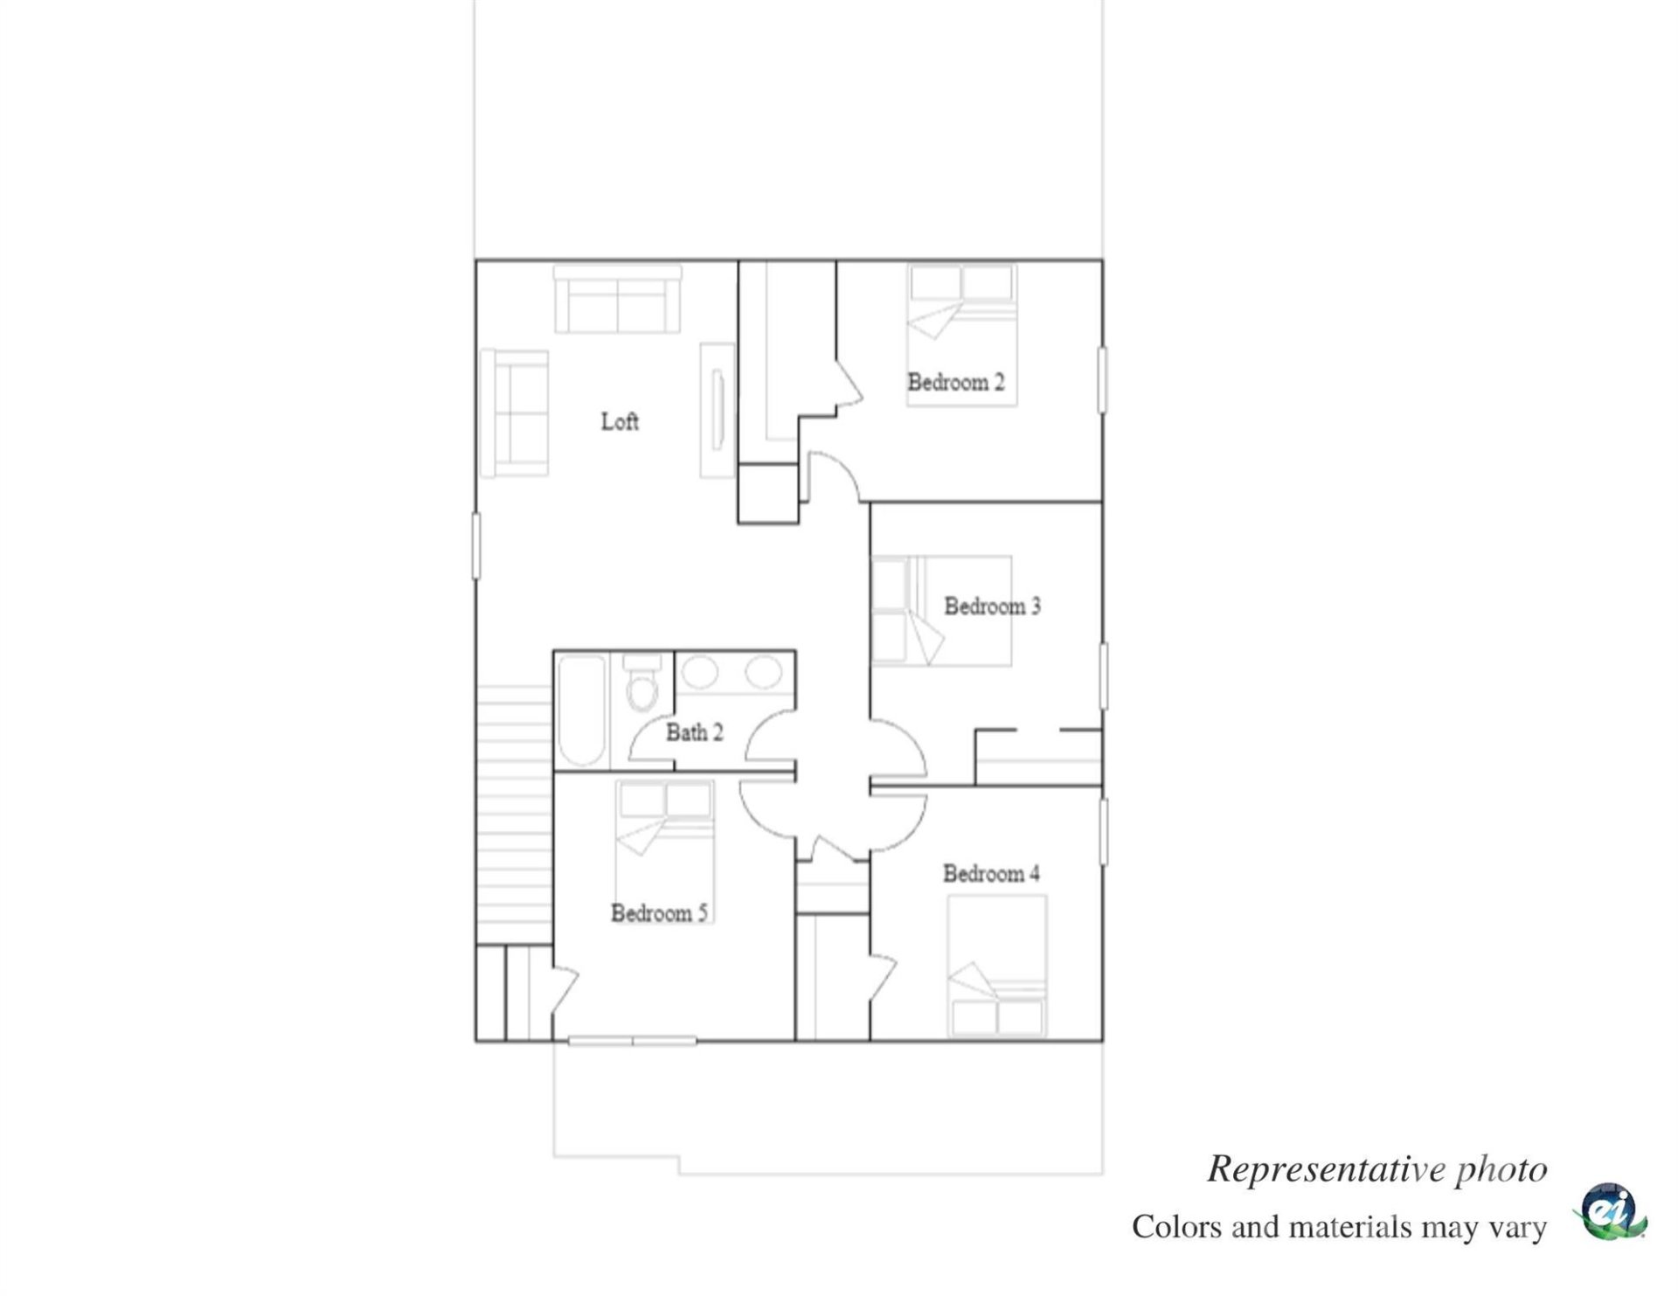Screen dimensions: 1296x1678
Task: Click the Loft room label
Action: [620, 422]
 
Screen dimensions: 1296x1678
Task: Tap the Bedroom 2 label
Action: [955, 383]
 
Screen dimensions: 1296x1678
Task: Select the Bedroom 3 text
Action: [992, 606]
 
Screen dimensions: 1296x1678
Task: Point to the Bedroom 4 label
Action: [991, 874]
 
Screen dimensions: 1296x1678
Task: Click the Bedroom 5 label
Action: [659, 913]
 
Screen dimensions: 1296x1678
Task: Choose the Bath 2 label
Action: [695, 732]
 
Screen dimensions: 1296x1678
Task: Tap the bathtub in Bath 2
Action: [582, 711]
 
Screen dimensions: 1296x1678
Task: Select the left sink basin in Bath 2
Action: [700, 673]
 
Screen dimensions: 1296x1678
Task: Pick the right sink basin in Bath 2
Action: [763, 673]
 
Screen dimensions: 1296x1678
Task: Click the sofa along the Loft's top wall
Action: [618, 300]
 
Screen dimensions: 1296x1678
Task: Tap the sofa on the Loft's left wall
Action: [515, 413]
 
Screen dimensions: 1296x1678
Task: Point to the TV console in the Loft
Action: [718, 411]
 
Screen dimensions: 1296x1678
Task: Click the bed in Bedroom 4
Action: [997, 966]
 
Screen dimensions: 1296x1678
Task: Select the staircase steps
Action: [515, 813]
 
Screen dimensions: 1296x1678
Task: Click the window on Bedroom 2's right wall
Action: [1102, 380]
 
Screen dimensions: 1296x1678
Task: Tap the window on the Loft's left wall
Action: [476, 546]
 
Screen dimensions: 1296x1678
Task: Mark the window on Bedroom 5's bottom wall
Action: [632, 1041]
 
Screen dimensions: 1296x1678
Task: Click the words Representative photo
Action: [1376, 1169]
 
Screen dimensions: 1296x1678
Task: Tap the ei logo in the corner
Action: [1611, 1212]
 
